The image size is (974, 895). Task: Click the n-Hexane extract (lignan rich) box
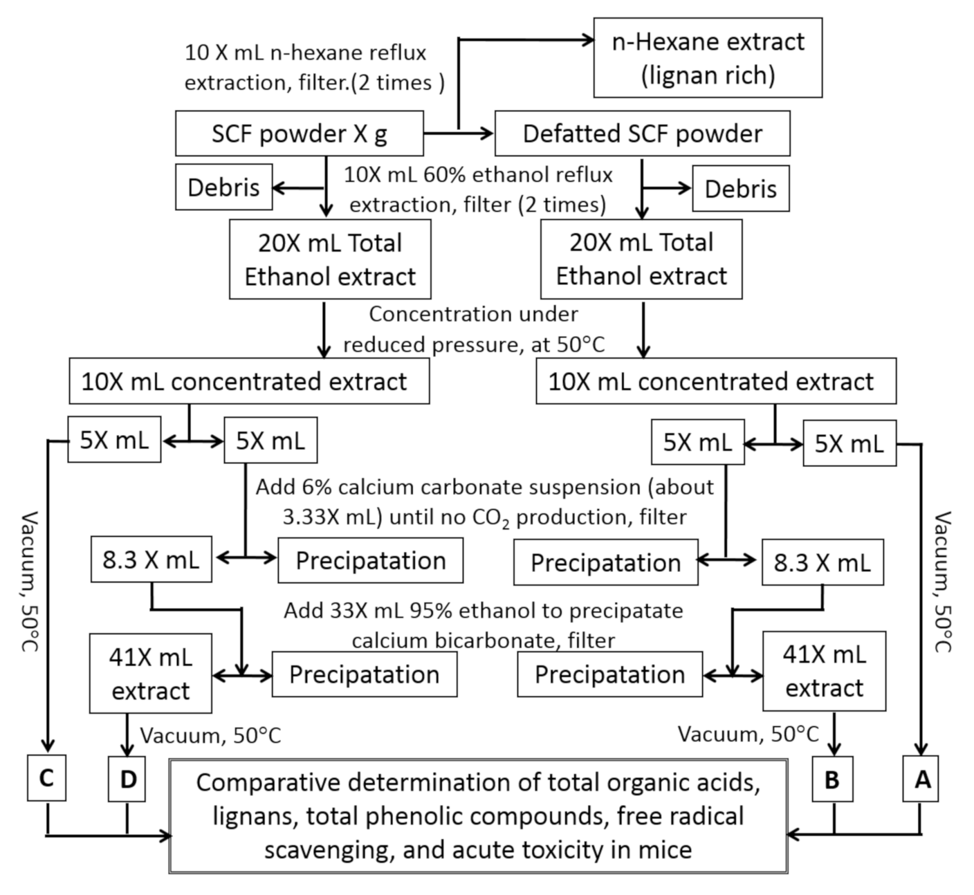708,57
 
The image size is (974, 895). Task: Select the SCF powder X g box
299,134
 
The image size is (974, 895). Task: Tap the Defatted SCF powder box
642,134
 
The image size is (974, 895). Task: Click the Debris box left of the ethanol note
223,187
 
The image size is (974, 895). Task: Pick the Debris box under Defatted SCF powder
740,189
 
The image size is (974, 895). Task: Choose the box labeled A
921,779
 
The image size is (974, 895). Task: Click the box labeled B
831,779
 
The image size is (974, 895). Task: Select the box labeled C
46,779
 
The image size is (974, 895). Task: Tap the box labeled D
127,779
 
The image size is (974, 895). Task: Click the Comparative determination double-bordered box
478,816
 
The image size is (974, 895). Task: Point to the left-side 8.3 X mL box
151,560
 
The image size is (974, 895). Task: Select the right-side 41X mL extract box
824,671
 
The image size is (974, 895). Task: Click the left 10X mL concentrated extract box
249,382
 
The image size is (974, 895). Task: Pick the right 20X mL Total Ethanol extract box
641,259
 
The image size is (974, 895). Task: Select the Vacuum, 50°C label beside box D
210,735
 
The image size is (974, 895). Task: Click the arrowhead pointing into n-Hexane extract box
588,40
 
